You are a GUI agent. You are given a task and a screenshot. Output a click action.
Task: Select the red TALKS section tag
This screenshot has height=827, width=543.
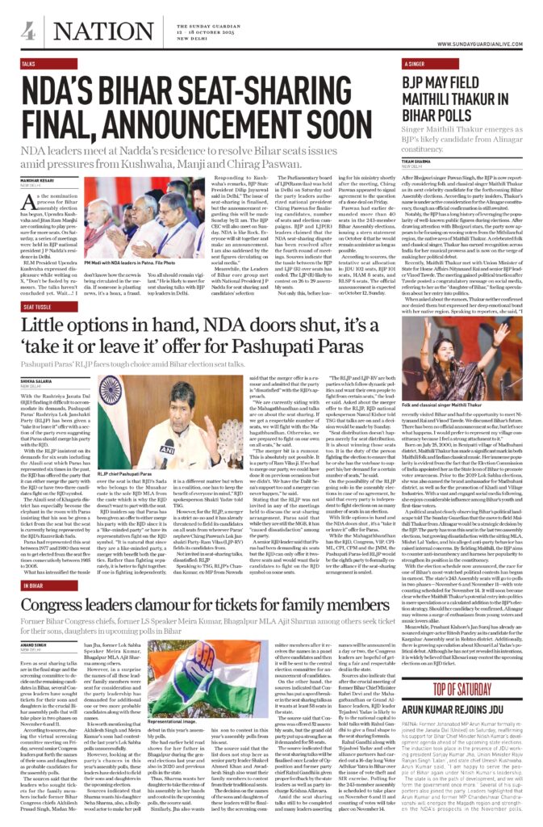point(28,62)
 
